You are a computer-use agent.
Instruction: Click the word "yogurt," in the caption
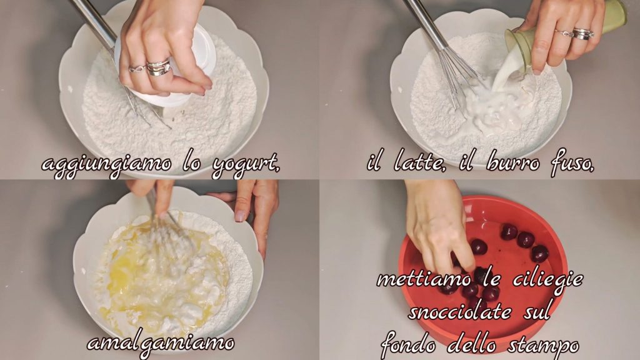point(246,165)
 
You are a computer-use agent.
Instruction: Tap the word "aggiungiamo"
point(106,165)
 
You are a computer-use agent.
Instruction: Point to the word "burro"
point(513,162)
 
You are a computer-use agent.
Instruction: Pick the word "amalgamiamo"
point(161,343)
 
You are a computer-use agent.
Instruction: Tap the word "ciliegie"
point(547,281)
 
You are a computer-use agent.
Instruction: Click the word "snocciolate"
point(459,312)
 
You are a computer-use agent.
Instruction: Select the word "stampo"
point(543,346)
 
